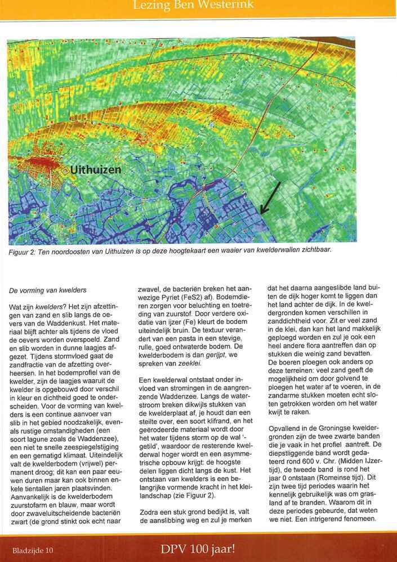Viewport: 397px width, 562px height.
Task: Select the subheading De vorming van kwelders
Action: pos(48,290)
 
